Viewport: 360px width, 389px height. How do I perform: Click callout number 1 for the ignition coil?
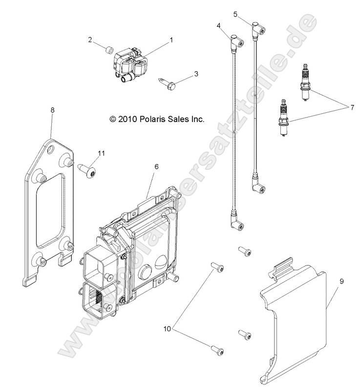pyautogui.click(x=171, y=41)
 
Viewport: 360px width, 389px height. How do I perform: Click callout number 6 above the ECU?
pyautogui.click(x=156, y=166)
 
